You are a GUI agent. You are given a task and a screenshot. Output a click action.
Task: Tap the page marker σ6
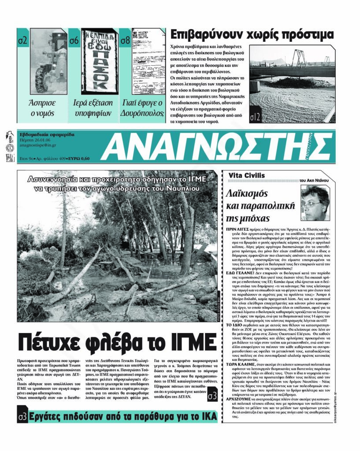tap(74, 41)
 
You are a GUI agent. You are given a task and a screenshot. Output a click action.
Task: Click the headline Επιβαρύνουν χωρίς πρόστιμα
tap(252, 35)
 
